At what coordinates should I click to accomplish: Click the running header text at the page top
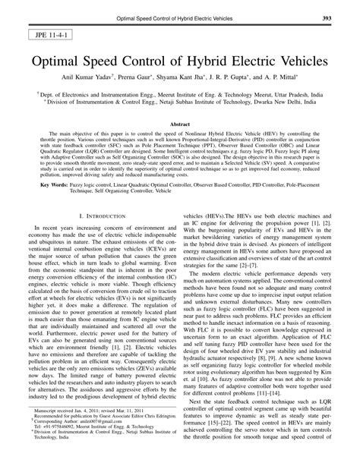pos(180,17)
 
